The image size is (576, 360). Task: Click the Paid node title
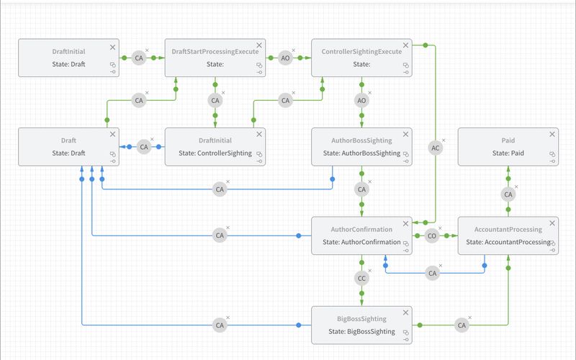pos(508,141)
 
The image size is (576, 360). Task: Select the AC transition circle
pos(435,148)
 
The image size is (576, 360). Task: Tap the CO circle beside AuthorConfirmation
pos(431,235)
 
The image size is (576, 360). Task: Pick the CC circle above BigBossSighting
pos(361,278)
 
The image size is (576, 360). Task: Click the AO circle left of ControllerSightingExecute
pos(286,58)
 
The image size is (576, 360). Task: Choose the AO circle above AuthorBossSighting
pos(361,101)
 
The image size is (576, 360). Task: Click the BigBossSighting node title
pos(361,319)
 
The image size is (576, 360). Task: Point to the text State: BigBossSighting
pos(361,331)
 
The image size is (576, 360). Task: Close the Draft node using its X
pos(112,135)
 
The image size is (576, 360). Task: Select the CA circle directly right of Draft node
pos(143,147)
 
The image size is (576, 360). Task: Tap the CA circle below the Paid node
pos(508,194)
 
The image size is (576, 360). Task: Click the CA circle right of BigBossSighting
pos(462,325)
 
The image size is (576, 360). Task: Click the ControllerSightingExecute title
pos(361,52)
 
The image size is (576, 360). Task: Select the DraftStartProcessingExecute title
pos(215,52)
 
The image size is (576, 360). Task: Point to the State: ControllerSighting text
pos(215,153)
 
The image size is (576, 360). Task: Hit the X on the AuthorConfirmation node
pos(406,224)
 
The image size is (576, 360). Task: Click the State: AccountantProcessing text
pos(508,242)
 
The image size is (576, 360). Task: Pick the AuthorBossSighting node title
pos(361,141)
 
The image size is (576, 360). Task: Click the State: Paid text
pos(508,153)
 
